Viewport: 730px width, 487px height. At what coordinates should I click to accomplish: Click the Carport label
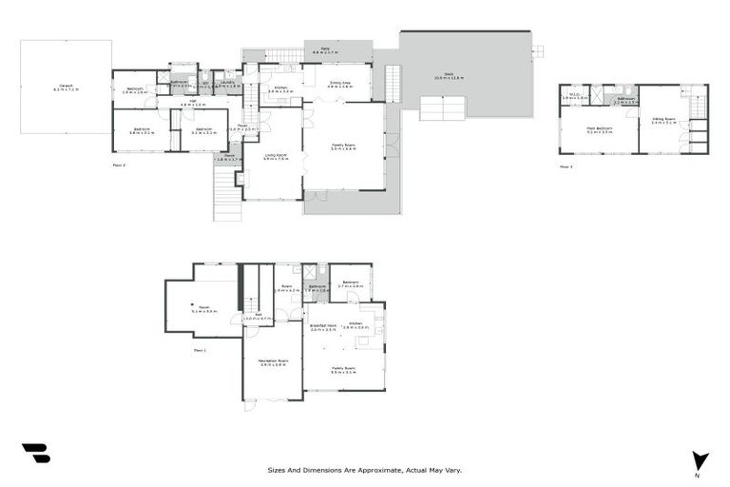click(x=66, y=87)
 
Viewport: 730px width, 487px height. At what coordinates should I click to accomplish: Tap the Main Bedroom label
click(x=599, y=129)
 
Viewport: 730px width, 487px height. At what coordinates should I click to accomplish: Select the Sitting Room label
click(x=663, y=121)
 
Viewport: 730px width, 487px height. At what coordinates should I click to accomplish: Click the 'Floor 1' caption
click(x=200, y=350)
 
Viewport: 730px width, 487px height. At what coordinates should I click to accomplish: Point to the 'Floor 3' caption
click(x=566, y=166)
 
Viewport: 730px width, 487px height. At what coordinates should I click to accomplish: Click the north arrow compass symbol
click(x=701, y=460)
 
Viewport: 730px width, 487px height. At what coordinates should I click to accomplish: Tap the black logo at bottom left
click(x=35, y=454)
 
